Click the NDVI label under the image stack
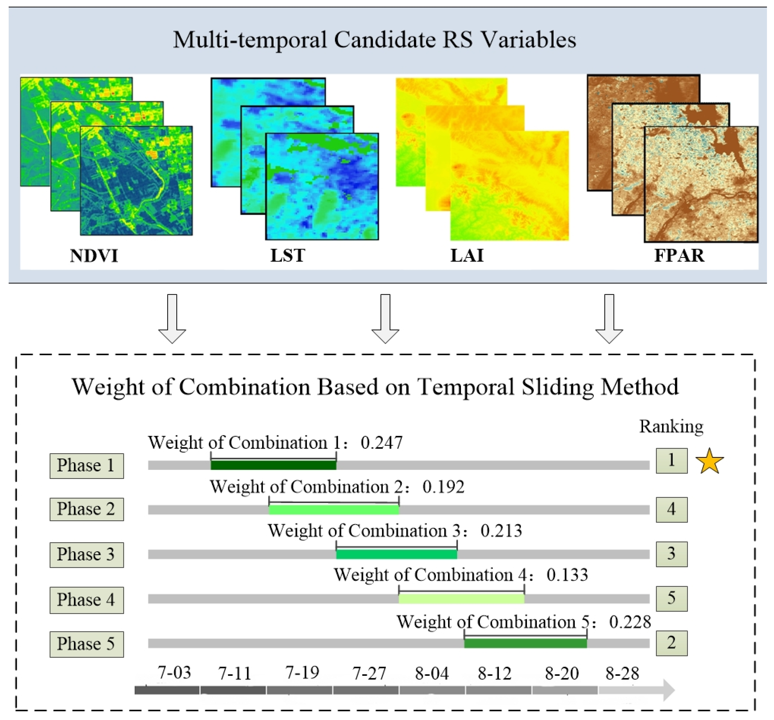pos(94,256)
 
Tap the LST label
pos(288,256)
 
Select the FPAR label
pos(679,256)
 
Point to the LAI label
pos(467,256)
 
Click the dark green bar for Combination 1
pos(273,465)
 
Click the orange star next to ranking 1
pos(709,461)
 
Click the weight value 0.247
pos(381,443)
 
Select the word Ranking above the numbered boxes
pos(671,426)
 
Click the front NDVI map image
pos(136,180)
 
